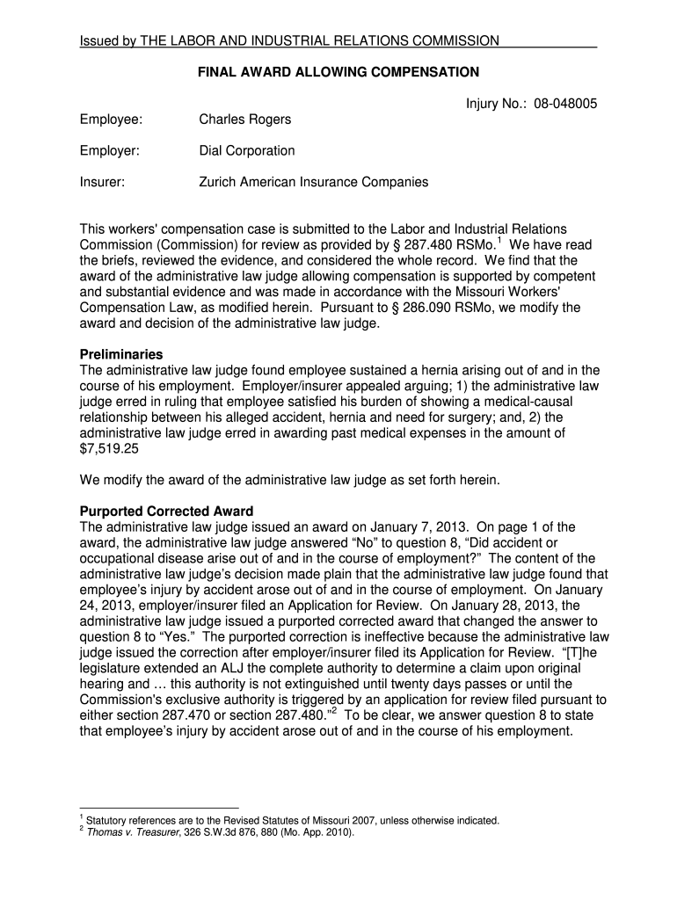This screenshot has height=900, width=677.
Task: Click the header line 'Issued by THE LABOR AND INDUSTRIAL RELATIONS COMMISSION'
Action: (289, 40)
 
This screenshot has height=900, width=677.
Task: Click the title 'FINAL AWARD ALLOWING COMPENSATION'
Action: (338, 72)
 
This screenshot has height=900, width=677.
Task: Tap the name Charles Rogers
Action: (245, 119)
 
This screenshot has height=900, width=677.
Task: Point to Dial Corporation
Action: (247, 150)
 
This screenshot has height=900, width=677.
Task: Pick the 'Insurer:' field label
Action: (102, 182)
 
